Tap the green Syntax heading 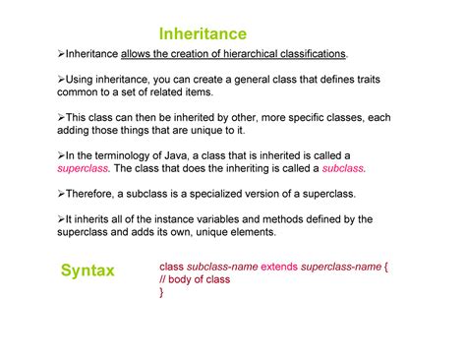(87, 270)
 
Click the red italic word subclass (343, 168)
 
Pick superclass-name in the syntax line (340, 266)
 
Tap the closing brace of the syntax (161, 291)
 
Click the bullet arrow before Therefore (62, 194)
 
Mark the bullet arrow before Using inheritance (62, 78)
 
